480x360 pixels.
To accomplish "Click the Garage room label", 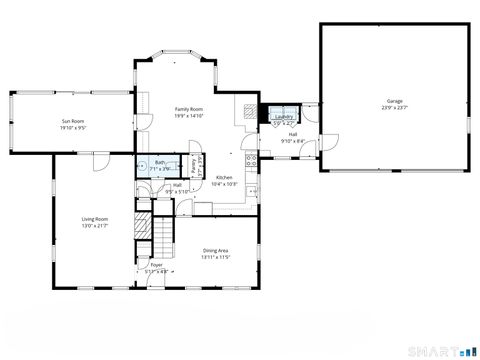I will (x=395, y=101).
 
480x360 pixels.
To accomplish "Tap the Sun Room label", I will (x=72, y=122).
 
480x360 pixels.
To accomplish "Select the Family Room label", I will (x=189, y=109).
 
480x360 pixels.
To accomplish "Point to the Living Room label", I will (x=95, y=219).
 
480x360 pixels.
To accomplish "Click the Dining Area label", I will (x=217, y=250).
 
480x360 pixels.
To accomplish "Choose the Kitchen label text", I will (x=225, y=177).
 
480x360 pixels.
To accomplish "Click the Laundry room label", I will (x=282, y=117).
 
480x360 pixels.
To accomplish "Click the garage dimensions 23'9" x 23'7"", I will (x=395, y=107).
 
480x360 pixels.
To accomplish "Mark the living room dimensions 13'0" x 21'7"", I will (x=95, y=226).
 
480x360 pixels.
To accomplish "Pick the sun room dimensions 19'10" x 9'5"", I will (x=72, y=128).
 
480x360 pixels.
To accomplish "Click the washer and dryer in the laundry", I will (x=282, y=110).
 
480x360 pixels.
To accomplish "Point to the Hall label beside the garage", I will (x=293, y=134).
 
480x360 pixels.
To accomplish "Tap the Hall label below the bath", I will (x=177, y=185).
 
